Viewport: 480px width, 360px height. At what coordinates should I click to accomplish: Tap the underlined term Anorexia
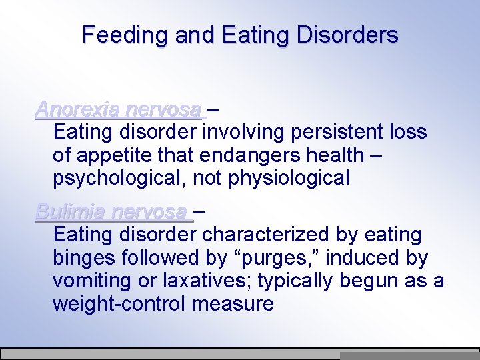[x=78, y=109]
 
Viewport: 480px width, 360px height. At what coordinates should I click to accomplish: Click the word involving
[x=246, y=132]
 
